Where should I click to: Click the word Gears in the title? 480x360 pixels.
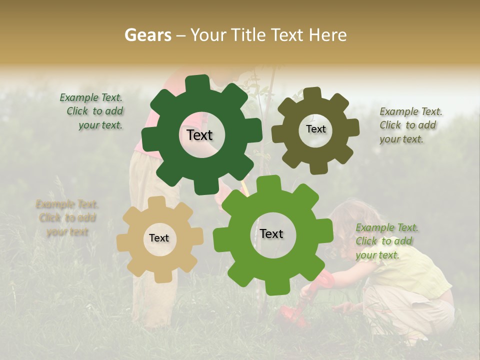coord(148,35)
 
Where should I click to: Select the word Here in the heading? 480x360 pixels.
coord(327,35)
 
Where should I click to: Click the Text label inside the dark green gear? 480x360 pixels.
coord(199,135)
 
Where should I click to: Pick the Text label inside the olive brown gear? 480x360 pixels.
coord(315,129)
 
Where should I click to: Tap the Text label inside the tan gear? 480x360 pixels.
coord(159,238)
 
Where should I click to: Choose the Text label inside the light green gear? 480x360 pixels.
coord(271,234)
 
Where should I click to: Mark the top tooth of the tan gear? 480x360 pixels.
coord(157,202)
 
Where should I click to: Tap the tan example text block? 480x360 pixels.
coord(67,218)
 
